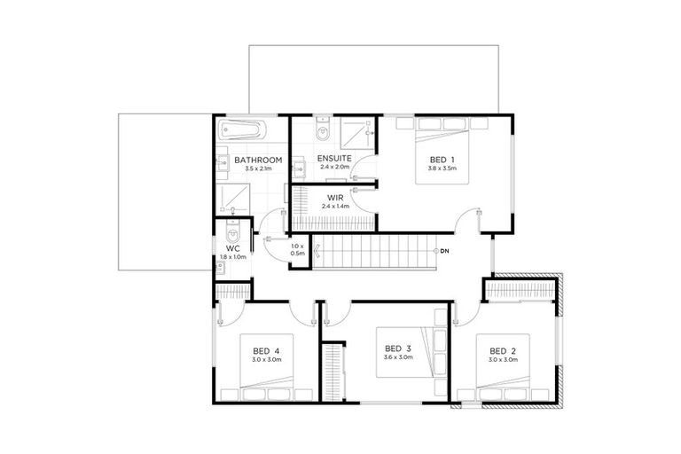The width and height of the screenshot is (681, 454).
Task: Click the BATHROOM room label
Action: tap(258, 160)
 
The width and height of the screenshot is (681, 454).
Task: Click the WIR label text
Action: tap(335, 198)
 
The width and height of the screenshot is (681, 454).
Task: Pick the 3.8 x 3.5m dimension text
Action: tap(442, 168)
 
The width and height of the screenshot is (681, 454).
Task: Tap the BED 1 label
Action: tap(442, 159)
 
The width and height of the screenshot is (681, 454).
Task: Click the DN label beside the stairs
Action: tap(444, 251)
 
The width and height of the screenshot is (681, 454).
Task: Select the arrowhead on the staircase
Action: tap(434, 251)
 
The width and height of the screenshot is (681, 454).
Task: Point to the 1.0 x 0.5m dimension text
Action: tap(298, 249)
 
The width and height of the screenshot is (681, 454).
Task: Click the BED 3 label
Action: tap(398, 348)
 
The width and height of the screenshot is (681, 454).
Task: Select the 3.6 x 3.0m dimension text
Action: tap(398, 357)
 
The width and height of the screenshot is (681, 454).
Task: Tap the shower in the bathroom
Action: tap(231, 194)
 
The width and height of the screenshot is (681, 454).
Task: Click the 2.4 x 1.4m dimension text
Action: tap(335, 207)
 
